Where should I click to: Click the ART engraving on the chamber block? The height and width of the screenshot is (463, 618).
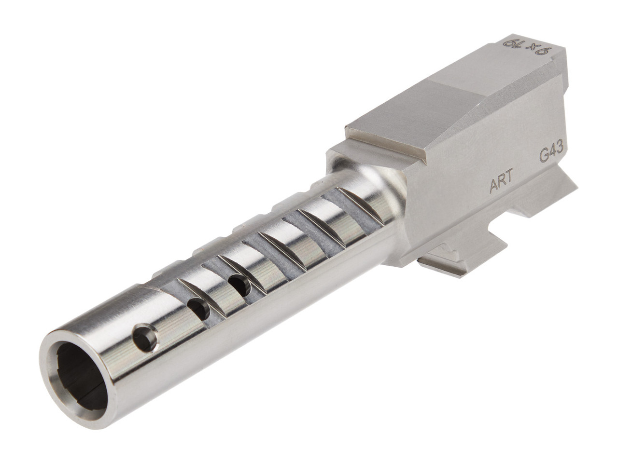[x=500, y=185]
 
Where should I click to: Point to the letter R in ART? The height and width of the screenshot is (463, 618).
[x=501, y=185]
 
